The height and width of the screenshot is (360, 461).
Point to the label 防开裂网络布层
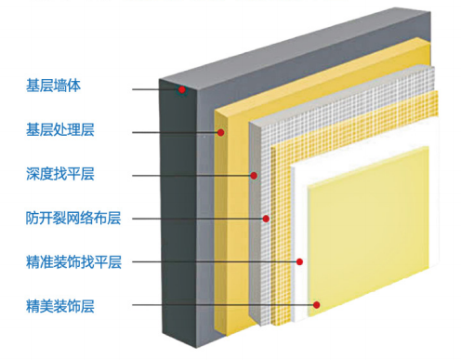coord(74,219)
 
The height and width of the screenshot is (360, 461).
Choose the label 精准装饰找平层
coord(74,261)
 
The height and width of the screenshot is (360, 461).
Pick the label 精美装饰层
coord(61,304)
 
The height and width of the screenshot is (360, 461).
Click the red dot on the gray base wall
coord(183,89)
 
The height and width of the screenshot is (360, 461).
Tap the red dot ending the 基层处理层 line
coord(221,132)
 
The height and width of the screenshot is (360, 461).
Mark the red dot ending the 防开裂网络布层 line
coord(266,220)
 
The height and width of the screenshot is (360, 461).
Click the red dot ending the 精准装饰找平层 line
coord(299,262)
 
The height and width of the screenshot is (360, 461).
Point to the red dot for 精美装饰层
coord(317,304)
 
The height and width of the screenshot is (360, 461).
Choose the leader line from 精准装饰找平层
coord(214,262)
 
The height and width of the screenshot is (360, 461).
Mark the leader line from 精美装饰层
coord(223,304)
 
